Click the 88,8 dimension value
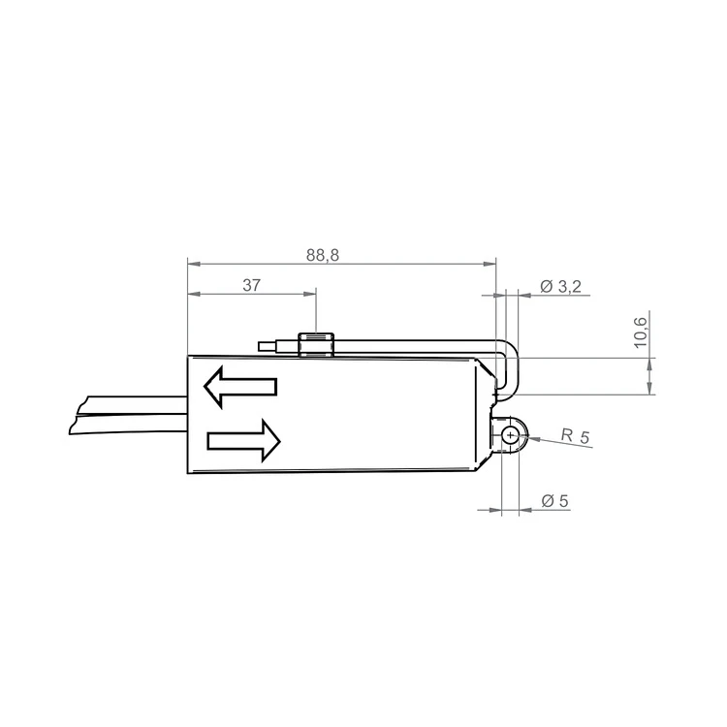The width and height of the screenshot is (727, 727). point(322,255)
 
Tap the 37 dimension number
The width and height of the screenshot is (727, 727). point(251,285)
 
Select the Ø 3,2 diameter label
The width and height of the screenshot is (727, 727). point(560,287)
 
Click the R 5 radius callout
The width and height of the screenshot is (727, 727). point(575,435)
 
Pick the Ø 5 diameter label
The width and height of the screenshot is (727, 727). point(554,501)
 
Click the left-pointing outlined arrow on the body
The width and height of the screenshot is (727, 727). point(240,387)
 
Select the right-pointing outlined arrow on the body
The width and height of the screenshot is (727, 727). point(244,440)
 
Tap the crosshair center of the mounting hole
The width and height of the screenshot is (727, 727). point(511,435)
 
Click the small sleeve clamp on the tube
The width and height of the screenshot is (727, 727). point(316,345)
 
